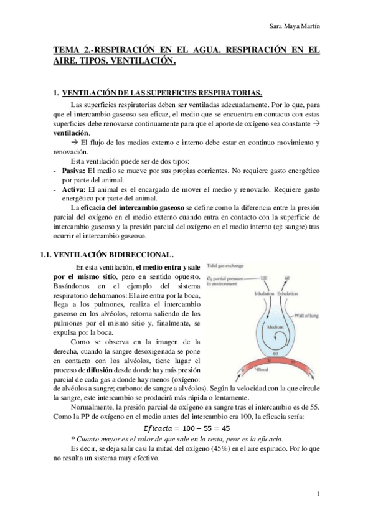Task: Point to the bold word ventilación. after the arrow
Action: tap(72, 133)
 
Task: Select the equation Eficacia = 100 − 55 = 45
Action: tap(187, 428)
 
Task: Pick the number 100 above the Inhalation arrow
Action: tap(263, 276)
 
